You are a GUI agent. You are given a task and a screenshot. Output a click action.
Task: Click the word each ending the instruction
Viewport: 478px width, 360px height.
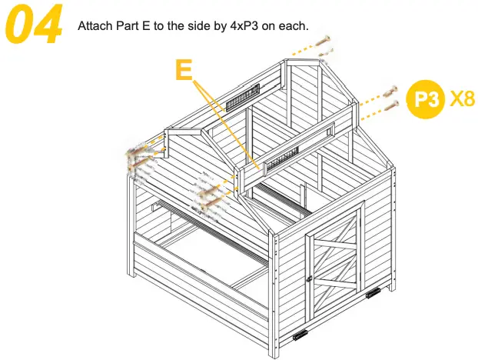tap(294, 25)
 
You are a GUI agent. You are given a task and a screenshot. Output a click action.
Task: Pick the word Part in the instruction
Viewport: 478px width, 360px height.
tap(126, 25)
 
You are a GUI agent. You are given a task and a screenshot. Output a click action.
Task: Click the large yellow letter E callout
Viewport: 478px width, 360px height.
tap(184, 70)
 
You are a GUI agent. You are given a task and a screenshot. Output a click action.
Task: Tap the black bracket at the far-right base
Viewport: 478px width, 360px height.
tap(374, 293)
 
